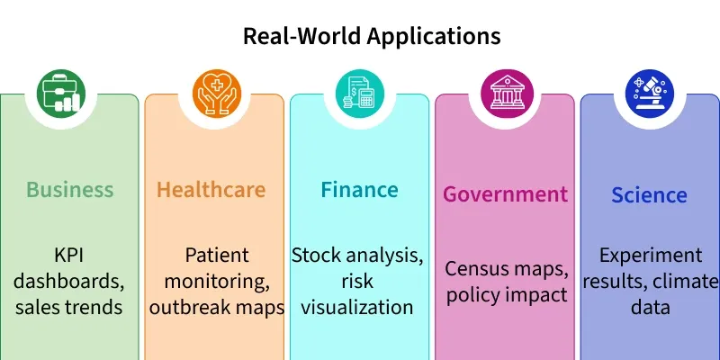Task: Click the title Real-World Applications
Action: tap(372, 36)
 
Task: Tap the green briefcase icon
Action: tap(61, 94)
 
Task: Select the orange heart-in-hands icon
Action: tap(217, 94)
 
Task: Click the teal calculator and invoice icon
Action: tap(359, 94)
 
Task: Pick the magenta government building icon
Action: tap(507, 94)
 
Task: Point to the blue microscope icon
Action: tap(650, 94)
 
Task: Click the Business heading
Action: tap(70, 189)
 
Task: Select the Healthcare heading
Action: tap(211, 189)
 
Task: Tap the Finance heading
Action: tap(359, 189)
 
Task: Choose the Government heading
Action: tap(505, 194)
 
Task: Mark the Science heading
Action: tap(649, 194)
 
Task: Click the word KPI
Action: tap(69, 256)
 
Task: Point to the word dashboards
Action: tap(69, 281)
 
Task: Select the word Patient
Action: tap(217, 256)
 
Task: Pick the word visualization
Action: tap(357, 307)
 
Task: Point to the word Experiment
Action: tap(651, 256)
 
